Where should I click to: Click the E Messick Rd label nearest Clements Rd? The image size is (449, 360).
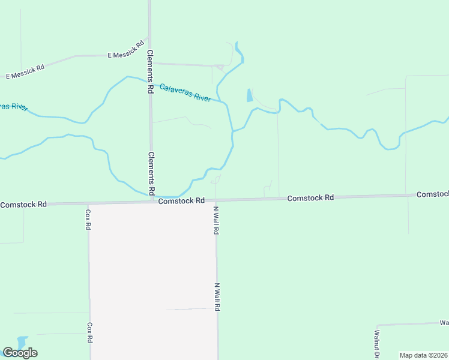(x=126, y=50)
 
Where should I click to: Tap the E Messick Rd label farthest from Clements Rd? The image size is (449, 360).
(x=25, y=72)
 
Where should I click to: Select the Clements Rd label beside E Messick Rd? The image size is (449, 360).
(x=150, y=72)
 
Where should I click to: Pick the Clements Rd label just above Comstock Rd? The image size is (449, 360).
(x=152, y=173)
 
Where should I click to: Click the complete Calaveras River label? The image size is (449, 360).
(x=185, y=92)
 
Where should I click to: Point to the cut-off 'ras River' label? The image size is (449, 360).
(x=13, y=106)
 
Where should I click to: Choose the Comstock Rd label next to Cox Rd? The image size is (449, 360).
(x=23, y=204)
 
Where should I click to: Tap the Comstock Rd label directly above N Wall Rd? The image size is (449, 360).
(x=181, y=200)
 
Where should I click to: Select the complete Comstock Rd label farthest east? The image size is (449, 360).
(x=310, y=197)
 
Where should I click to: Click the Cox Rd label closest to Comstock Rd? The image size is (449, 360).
(x=88, y=220)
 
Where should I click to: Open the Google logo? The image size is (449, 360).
(x=20, y=353)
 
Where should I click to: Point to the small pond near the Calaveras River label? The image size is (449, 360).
(x=250, y=95)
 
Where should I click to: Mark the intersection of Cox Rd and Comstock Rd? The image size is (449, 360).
(x=88, y=203)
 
